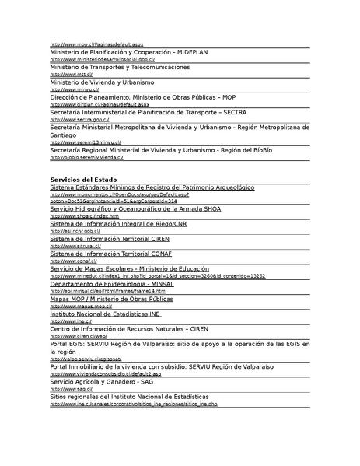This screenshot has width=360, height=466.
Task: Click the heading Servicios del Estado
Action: [x=78, y=180]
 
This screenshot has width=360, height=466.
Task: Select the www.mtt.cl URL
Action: [x=65, y=75]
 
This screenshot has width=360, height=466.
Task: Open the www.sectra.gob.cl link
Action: [x=79, y=119]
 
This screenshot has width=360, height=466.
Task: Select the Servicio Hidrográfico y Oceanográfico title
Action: [x=137, y=209]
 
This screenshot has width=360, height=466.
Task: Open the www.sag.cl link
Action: [x=67, y=389]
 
